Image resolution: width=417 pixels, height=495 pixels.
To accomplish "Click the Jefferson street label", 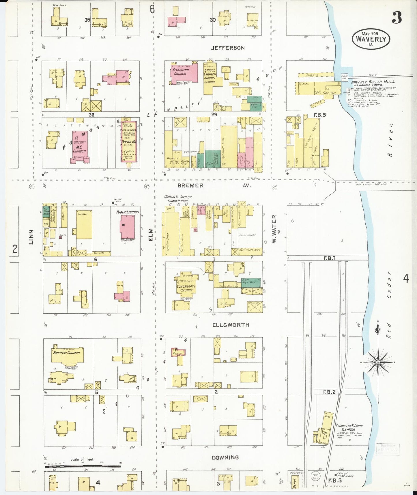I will [x=227, y=48].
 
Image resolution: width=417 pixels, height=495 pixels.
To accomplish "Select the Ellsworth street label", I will [x=230, y=325].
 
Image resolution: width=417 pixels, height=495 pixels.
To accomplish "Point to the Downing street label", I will [x=225, y=457].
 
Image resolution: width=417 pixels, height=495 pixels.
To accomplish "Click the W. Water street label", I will [x=274, y=228].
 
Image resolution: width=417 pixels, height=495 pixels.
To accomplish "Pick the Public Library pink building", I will [x=127, y=227].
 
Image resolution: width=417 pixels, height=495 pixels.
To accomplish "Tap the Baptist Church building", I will [x=67, y=353].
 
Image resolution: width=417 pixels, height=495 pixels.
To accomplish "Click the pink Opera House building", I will [x=129, y=142].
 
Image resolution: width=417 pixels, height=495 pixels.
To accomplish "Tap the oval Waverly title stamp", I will [x=371, y=39].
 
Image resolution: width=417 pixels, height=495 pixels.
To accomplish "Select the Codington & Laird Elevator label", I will [x=349, y=428].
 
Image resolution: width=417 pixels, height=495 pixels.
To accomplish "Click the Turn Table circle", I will [x=315, y=477].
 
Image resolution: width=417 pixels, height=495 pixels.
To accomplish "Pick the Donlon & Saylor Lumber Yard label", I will [x=178, y=198].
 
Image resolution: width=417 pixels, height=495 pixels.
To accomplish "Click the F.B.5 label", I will [x=319, y=115].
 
